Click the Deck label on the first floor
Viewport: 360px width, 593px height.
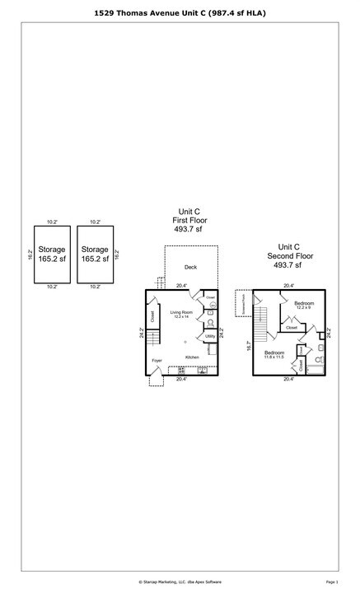pos(190,267)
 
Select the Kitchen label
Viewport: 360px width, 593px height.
pos(192,357)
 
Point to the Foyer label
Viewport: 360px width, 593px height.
pos(157,361)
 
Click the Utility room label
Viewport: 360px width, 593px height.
pos(210,336)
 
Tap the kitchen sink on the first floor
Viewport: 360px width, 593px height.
pos(202,371)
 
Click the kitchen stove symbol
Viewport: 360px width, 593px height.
pos(181,371)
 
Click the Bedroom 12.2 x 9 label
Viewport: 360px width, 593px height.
pos(304,306)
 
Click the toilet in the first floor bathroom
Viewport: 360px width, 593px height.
pos(210,322)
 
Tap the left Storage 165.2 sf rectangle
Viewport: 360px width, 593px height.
pos(51,254)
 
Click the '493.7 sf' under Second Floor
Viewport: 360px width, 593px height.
pos(288,265)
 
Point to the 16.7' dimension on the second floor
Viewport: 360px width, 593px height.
pos(248,347)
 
